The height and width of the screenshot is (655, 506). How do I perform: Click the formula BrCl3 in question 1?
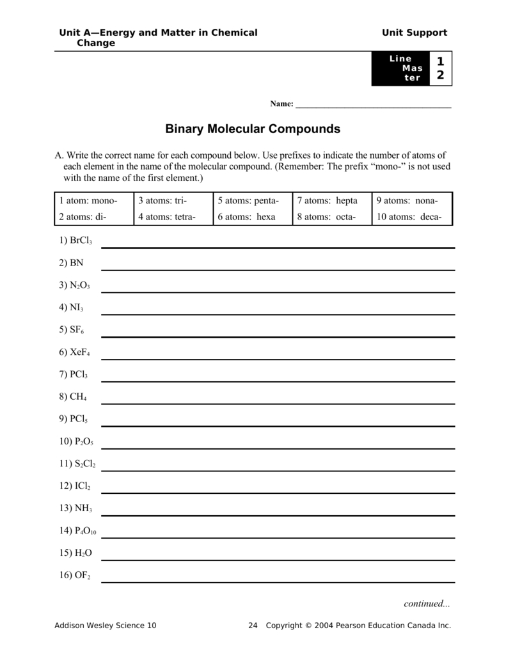tap(81, 241)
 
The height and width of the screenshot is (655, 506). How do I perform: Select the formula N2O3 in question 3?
tap(80, 285)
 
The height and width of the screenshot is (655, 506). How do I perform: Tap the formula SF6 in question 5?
tap(77, 330)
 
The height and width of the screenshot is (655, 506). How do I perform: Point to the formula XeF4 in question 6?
tap(80, 352)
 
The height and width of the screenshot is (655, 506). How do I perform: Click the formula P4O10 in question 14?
tap(84, 530)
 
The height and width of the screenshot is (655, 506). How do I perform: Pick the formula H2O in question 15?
tap(81, 553)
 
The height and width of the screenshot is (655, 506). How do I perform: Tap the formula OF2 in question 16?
tap(80, 575)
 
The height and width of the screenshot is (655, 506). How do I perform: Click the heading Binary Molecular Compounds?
tap(253, 129)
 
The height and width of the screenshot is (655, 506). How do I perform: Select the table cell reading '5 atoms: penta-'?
tap(252, 201)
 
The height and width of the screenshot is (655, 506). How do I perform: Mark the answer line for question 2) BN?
tap(278, 269)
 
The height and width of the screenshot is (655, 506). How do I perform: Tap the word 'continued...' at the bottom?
tap(427, 603)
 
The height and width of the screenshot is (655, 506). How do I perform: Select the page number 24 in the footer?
tap(252, 626)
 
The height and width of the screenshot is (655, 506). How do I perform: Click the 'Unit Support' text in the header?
tap(415, 33)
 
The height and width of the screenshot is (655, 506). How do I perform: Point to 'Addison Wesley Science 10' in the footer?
tap(106, 626)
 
